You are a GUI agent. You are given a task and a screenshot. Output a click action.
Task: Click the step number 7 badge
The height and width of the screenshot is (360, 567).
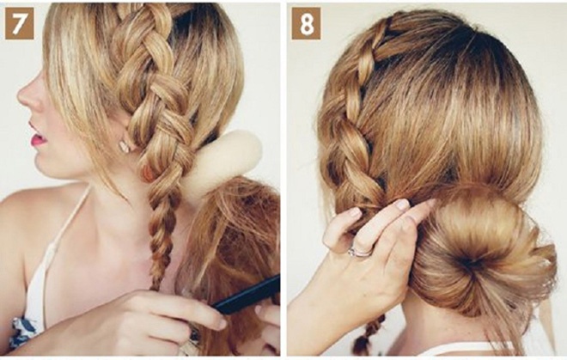20,23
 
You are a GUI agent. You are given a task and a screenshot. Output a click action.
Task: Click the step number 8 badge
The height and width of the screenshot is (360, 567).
307,23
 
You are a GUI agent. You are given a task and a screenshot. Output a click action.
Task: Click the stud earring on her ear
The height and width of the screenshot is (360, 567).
124,146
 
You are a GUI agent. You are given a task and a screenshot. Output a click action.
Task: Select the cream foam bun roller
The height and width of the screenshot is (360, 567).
222,162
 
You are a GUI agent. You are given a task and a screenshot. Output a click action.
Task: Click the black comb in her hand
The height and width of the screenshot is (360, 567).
246,296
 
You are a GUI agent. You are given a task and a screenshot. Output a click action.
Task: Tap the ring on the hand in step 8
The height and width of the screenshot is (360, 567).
359,251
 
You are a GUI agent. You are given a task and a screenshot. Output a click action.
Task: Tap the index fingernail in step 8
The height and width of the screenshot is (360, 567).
402,204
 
